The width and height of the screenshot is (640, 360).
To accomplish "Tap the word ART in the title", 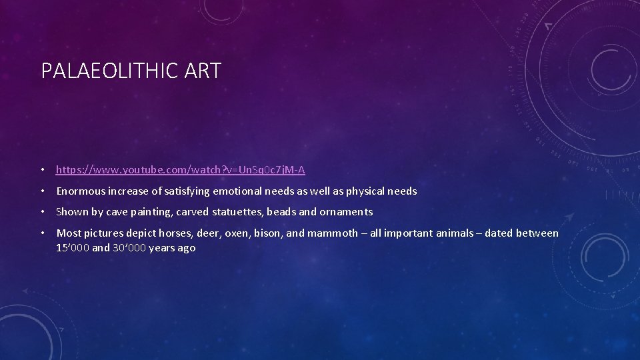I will click(205, 71).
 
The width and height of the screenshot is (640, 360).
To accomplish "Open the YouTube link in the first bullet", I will click(181, 170).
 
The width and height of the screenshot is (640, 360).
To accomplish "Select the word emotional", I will click(239, 191).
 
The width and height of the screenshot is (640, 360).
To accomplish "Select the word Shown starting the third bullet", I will click(71, 212).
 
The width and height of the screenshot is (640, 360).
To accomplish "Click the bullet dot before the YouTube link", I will click(43, 170).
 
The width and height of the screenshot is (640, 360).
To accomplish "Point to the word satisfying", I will click(184, 191).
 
